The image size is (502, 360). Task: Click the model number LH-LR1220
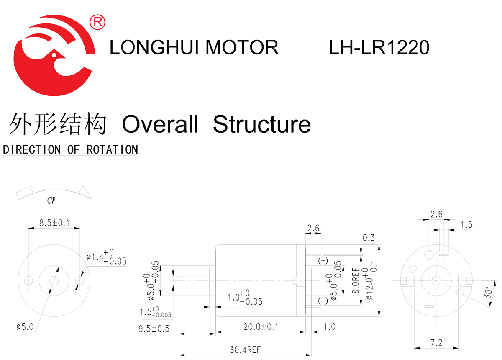pos(379,48)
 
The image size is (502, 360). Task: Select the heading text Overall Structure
pos(216,124)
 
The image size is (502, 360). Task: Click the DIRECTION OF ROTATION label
pos(70,149)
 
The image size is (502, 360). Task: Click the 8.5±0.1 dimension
pos(54,223)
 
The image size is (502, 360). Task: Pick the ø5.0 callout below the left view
pos(25,326)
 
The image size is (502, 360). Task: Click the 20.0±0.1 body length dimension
pos(261,326)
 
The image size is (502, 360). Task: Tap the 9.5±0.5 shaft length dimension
pos(154,329)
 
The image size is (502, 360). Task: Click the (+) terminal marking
pos(323,261)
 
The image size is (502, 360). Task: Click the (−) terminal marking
pos(323,301)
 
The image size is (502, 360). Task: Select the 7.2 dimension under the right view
pos(436,343)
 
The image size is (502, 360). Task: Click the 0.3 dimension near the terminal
pos(369,238)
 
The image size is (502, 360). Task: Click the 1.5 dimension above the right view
pos(466,225)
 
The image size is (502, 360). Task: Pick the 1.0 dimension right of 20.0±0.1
pos(330,326)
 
